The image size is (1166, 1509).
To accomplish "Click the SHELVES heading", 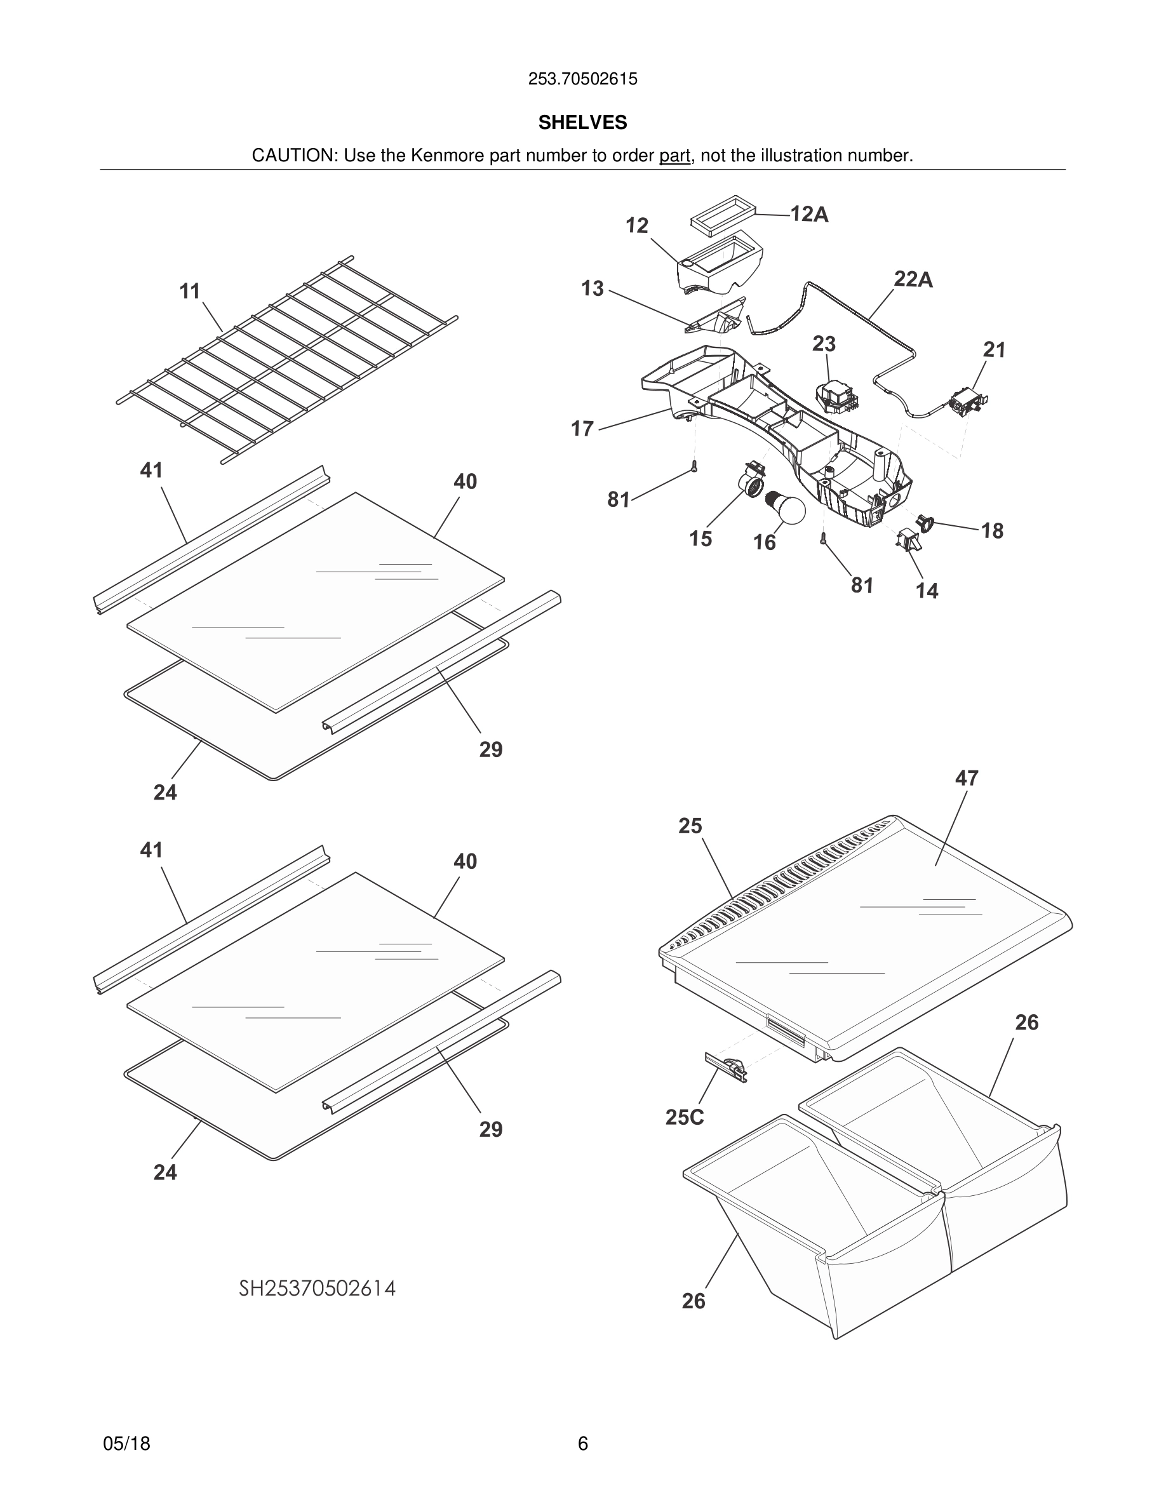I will click(x=582, y=123).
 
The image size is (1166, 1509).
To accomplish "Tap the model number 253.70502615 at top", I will click(x=582, y=79).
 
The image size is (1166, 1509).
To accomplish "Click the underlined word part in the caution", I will click(x=674, y=156).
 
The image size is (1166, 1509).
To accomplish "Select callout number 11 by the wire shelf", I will click(x=190, y=292).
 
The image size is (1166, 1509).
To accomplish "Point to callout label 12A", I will click(x=809, y=215).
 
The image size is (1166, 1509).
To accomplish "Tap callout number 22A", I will click(x=913, y=280).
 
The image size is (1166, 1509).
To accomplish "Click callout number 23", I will click(x=824, y=344).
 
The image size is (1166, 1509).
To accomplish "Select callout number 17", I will click(x=582, y=429).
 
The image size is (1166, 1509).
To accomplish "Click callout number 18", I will click(x=992, y=531).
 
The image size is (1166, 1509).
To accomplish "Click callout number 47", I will click(x=967, y=779).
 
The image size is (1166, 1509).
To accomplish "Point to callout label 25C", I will click(x=684, y=1117).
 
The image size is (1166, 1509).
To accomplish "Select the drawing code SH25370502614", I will click(x=317, y=1289).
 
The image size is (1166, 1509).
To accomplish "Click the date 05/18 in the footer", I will click(x=126, y=1444).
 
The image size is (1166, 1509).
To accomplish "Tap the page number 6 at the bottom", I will click(x=582, y=1444).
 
